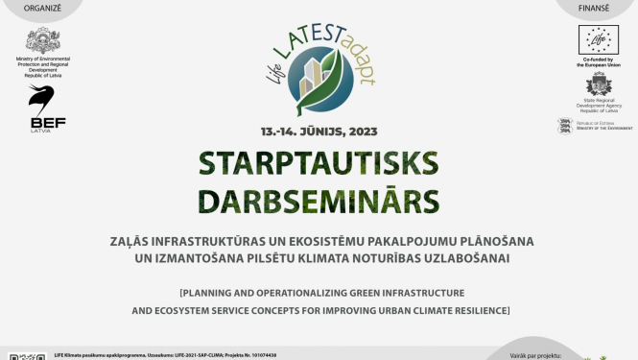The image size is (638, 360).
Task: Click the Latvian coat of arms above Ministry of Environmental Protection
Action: (42, 40)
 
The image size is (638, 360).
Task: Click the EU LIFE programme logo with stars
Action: (599, 39)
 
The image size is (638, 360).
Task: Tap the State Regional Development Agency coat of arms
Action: (599, 84)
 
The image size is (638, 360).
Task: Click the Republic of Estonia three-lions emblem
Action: (565, 126)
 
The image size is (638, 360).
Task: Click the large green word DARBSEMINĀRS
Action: (319, 201)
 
